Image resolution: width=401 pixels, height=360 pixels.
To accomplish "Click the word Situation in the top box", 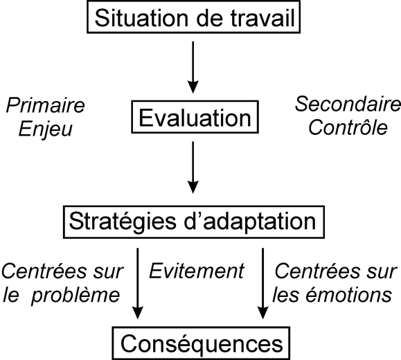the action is coord(141,18).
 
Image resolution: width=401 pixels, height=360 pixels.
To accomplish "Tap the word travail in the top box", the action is coord(263,18).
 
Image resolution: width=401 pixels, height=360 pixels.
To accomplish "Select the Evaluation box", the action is coord(195,117).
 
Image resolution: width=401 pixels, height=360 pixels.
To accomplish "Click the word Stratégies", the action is coord(123,222).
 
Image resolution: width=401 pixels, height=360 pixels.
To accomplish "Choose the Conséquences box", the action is coord(202,343).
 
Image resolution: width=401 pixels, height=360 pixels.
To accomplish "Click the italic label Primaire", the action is coord(45,105).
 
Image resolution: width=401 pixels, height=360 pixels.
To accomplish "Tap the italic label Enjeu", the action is coord(46,129).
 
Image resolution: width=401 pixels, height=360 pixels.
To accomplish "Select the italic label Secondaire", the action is coord(348,104).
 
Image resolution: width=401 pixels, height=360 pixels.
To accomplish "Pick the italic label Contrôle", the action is coord(348,127).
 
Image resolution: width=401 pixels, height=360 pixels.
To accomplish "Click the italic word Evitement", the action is coord(197,271).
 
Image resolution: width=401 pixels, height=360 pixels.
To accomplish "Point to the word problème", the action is coord(75,296).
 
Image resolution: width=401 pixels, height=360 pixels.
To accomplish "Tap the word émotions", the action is coord(349,296).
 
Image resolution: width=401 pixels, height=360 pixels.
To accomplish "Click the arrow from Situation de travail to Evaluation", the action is coord(193,67).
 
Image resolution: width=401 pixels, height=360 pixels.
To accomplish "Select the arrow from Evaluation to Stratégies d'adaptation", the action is coord(193,168).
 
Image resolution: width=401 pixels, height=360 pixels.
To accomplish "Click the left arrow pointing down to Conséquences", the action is coord(138,284).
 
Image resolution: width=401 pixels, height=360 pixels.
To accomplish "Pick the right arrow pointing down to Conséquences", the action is coord(263,284).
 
